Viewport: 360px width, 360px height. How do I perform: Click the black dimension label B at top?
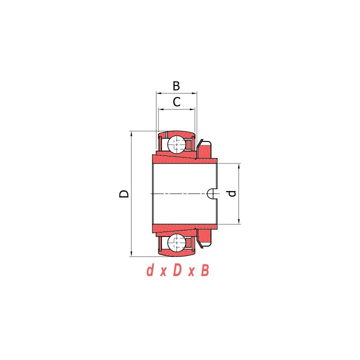click(x=176, y=86)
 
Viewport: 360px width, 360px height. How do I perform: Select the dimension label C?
click(x=176, y=102)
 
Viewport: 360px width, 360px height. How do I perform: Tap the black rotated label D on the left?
click(x=124, y=193)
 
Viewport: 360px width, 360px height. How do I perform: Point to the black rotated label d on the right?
click(x=232, y=193)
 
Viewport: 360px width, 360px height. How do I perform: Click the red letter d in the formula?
click(x=150, y=270)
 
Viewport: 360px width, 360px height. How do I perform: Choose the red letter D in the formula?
click(x=177, y=270)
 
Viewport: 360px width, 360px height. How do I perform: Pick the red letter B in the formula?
click(x=205, y=270)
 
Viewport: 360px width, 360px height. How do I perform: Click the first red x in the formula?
click(x=163, y=272)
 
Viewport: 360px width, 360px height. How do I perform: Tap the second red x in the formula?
click(x=191, y=272)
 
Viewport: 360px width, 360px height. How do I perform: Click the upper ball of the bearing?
click(x=176, y=144)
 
